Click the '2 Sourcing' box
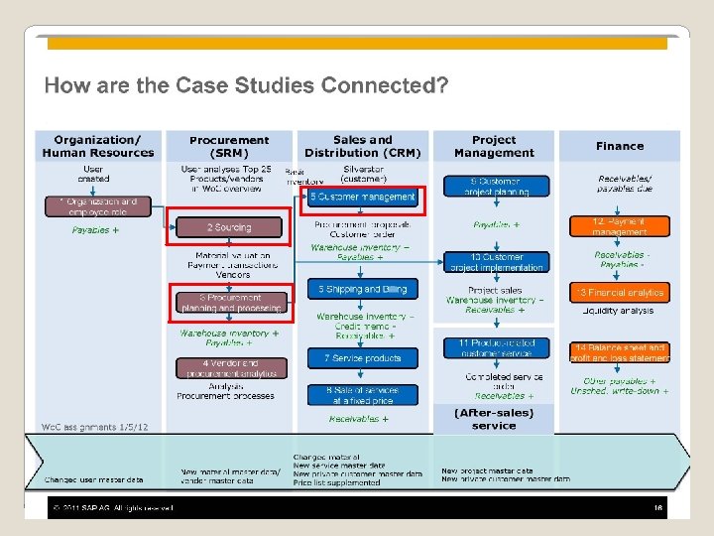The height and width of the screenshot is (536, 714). tap(229, 228)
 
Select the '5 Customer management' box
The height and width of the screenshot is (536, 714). tap(363, 198)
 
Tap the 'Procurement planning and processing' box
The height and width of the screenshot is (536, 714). tap(230, 303)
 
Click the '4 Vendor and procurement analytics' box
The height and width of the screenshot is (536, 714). tap(229, 368)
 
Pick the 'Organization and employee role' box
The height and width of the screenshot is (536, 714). tap(96, 206)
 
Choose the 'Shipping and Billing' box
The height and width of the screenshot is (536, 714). tap(363, 289)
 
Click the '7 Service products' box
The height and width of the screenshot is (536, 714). tap(363, 357)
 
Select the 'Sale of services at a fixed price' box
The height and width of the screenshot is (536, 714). tap(363, 395)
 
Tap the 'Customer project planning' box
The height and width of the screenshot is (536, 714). tap(495, 187)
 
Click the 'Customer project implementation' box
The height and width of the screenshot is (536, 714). tap(495, 262)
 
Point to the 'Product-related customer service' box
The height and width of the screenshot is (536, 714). tap(496, 348)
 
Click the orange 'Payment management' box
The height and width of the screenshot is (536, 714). tap(619, 226)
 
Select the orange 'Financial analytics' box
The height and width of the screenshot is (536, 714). tap(619, 293)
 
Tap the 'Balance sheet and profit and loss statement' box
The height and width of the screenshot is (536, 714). tap(619, 352)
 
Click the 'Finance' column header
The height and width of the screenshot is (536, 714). tap(620, 146)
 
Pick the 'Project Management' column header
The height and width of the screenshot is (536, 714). tap(494, 146)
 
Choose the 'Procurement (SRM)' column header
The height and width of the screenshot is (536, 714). tap(228, 146)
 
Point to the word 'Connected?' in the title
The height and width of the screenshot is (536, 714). tap(394, 85)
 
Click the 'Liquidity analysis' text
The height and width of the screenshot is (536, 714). tap(619, 311)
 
